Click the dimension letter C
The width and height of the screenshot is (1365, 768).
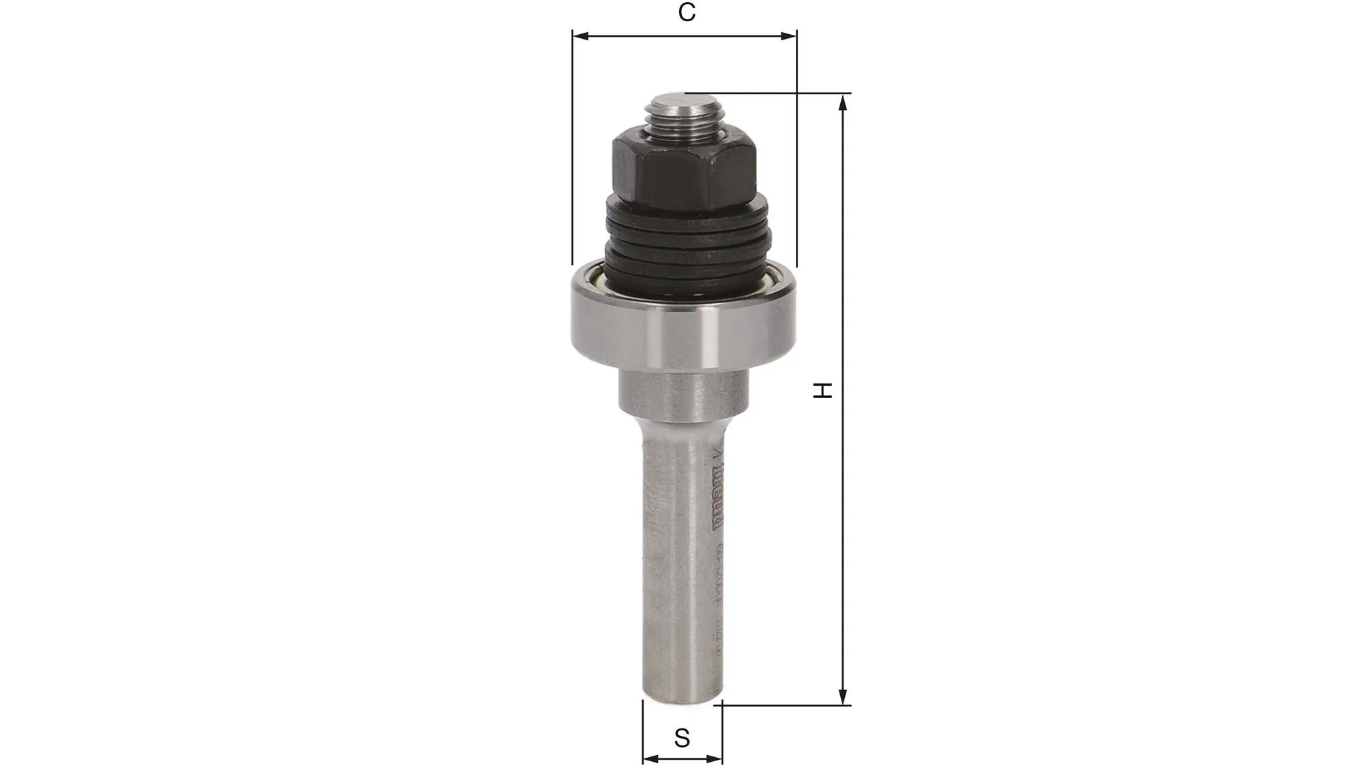pos(687,13)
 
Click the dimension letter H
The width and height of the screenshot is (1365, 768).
pos(824,390)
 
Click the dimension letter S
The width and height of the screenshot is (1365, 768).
pos(682,738)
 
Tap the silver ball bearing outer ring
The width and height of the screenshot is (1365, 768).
pos(684,328)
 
